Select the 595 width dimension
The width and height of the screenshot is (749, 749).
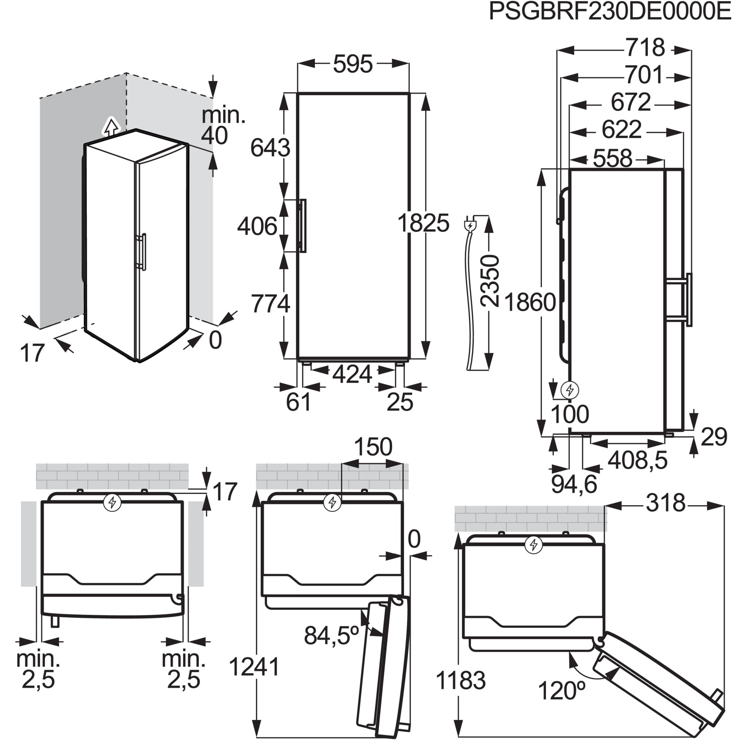click(352, 64)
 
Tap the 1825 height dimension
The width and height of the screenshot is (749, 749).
click(423, 223)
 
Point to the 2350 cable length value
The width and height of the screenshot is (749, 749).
click(489, 281)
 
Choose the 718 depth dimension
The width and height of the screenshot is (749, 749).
click(645, 48)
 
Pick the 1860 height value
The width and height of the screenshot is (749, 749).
click(530, 302)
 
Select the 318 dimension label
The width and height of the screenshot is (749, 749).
click(665, 504)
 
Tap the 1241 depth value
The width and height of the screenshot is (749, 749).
click(254, 667)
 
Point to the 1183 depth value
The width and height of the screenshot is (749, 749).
click(461, 680)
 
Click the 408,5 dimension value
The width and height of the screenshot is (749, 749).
click(637, 461)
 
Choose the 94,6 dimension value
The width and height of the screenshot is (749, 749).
click(574, 484)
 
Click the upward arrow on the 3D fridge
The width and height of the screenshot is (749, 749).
click(111, 127)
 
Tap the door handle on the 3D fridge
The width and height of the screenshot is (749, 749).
click(143, 251)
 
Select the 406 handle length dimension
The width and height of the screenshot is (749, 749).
click(257, 227)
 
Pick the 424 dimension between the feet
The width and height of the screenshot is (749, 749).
click(352, 374)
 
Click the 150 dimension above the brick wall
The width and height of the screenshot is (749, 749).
click(373, 447)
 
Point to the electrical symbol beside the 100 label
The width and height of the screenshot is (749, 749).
click(570, 389)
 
